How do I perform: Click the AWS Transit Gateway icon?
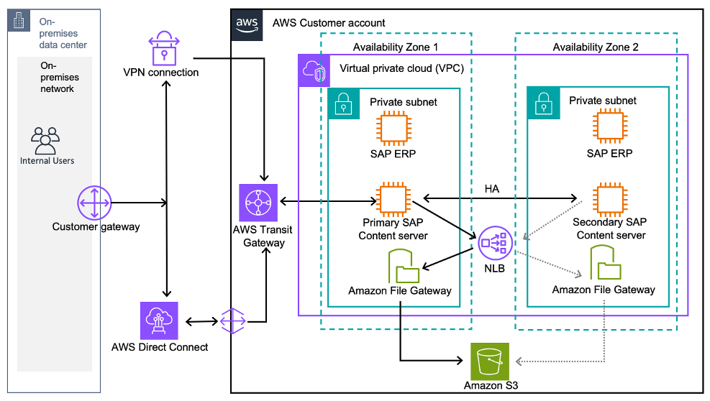tap(257, 202)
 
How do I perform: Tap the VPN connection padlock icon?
tap(165, 48)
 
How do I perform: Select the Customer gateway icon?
tap(95, 203)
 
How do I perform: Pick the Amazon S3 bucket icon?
tap(489, 361)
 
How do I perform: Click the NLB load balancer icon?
tap(496, 244)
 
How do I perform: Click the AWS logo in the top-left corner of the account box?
tap(247, 23)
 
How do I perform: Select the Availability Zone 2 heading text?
tap(595, 47)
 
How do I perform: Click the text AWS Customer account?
tap(329, 23)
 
